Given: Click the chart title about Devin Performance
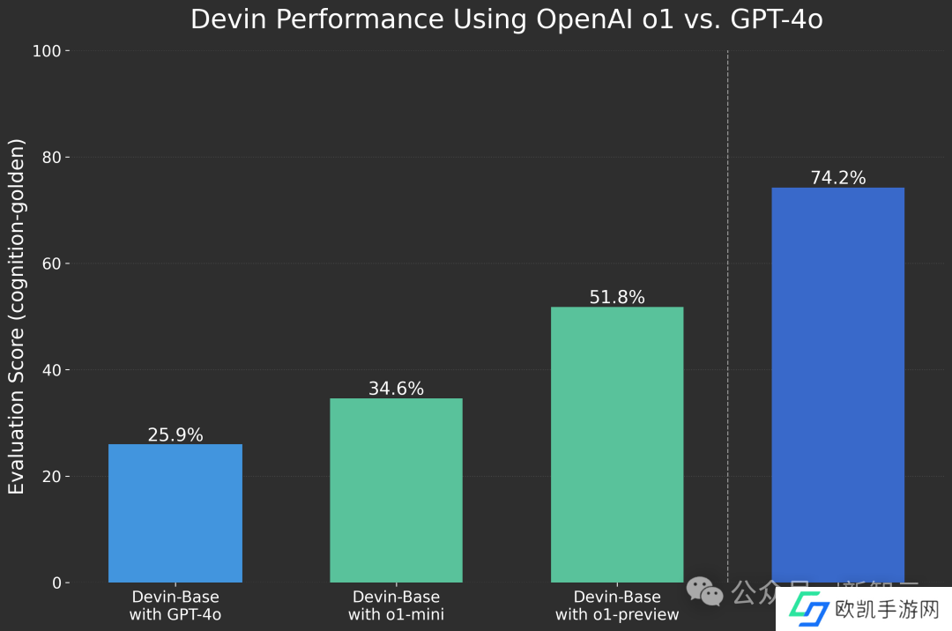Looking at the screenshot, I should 507,19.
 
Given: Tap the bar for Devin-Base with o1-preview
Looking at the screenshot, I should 617,444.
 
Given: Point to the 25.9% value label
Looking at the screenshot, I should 175,435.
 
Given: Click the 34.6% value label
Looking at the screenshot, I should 396,389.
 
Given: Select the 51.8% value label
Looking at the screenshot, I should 617,298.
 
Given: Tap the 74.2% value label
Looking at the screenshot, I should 837,178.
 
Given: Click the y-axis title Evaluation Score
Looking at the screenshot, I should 17,316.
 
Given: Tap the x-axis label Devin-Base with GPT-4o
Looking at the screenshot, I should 175,605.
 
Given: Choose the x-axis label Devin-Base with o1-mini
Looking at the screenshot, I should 396,605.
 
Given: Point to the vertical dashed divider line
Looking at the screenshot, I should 728,308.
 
